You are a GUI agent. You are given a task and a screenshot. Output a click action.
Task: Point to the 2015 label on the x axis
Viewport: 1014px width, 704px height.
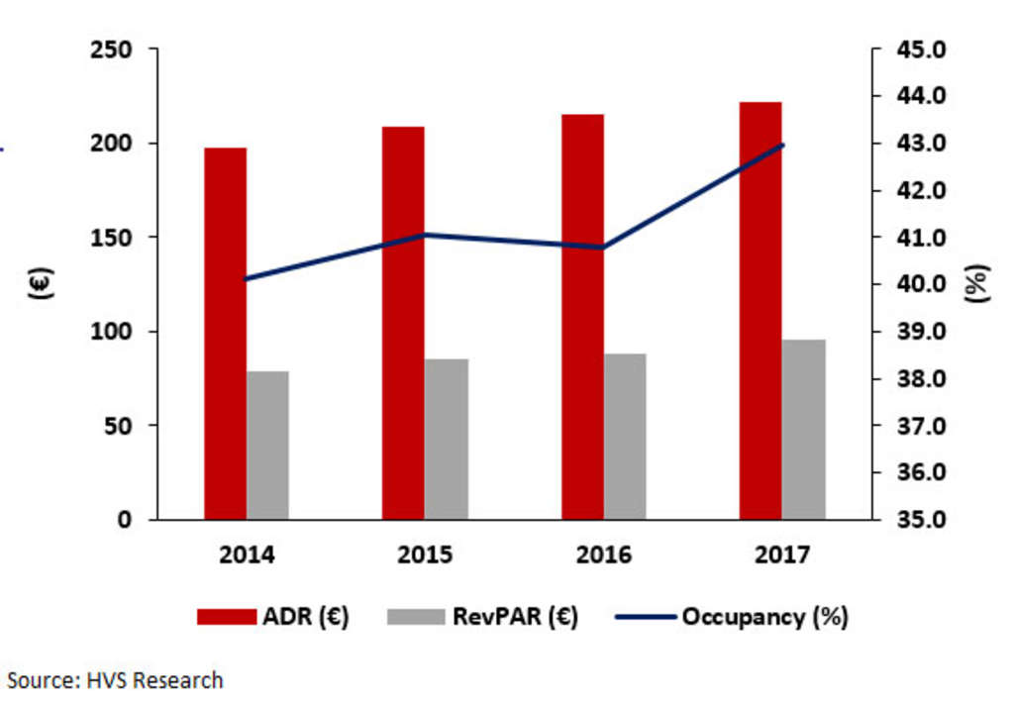425,553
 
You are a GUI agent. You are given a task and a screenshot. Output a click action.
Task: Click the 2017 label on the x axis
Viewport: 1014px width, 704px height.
782,553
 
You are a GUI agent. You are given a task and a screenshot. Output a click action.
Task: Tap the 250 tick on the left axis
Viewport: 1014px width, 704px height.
111,50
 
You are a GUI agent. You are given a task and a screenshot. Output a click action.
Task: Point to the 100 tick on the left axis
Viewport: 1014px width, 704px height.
111,332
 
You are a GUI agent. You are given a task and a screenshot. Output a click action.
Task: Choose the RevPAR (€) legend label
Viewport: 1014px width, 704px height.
515,617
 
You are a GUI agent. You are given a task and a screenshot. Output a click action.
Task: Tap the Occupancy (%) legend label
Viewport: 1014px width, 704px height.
764,617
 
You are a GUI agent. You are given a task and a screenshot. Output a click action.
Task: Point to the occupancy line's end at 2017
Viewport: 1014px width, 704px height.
782,146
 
